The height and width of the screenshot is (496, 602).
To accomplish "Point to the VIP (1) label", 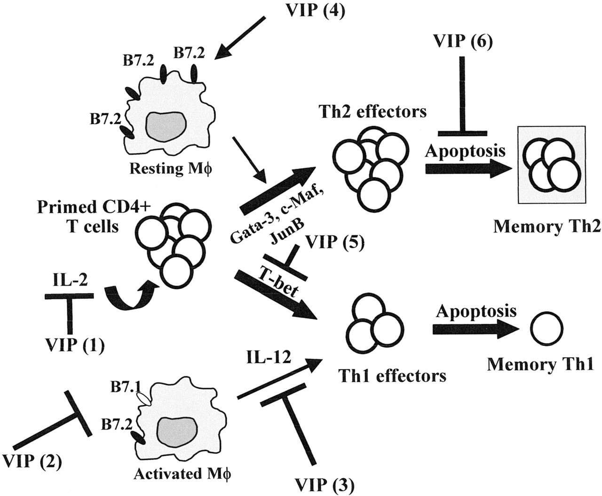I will [75, 345].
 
